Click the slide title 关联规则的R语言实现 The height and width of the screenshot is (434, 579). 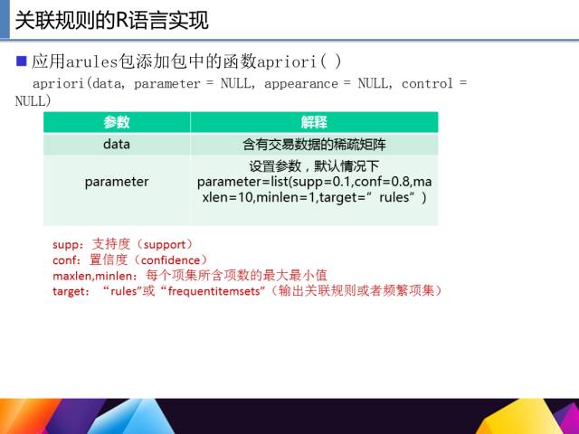tap(112, 20)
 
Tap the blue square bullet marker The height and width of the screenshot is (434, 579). tap(22, 61)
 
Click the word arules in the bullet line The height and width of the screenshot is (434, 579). tap(91, 61)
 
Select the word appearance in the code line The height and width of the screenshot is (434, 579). tap(301, 84)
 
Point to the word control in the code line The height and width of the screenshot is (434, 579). tap(427, 83)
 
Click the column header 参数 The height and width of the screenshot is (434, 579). tap(117, 122)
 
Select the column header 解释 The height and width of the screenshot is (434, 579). tap(314, 122)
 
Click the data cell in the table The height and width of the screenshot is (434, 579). tap(117, 144)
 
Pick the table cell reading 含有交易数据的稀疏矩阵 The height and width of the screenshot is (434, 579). tap(314, 145)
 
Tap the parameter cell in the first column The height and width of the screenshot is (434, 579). tap(117, 182)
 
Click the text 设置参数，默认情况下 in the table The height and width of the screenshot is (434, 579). tap(314, 166)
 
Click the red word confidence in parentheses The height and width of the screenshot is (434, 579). tap(170, 260)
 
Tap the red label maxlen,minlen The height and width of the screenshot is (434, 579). tap(92, 276)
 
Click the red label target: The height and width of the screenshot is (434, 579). tap(71, 291)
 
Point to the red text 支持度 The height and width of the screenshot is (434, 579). tap(111, 244)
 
